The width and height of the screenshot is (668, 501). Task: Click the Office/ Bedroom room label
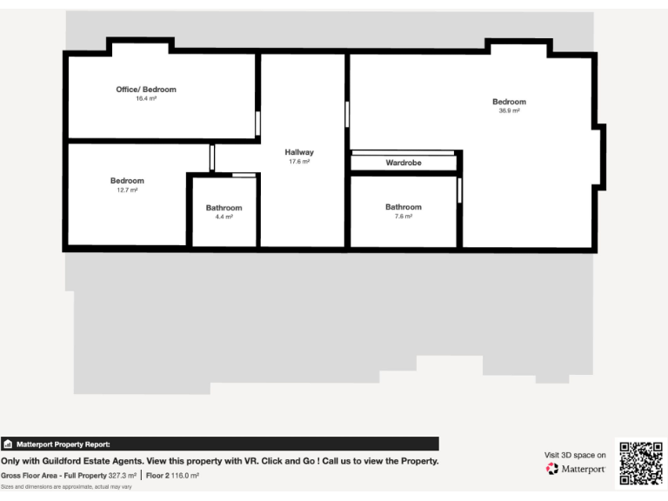point(146,90)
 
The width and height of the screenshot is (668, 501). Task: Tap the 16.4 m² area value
point(146,99)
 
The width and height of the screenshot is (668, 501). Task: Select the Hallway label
point(299,152)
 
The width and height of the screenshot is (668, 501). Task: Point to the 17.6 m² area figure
point(299,162)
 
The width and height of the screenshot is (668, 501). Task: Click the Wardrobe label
point(404,163)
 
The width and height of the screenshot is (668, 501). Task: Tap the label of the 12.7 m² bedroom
point(127,181)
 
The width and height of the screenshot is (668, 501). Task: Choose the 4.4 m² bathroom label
point(224,208)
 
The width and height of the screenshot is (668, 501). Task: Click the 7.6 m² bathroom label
point(404,207)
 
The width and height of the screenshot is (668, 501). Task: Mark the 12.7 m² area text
point(127,190)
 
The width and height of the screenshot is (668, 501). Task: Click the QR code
point(641,464)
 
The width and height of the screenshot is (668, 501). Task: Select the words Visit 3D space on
point(575,454)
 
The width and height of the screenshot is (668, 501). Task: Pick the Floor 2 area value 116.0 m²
point(185,476)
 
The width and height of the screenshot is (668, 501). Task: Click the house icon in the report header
point(8,444)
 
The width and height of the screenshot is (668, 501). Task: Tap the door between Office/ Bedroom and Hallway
point(257,124)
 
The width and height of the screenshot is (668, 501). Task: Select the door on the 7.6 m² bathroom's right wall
point(459,190)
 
